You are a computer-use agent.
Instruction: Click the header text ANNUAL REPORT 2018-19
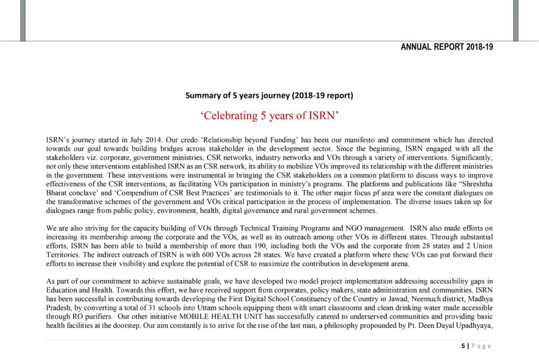pyautogui.click(x=446, y=47)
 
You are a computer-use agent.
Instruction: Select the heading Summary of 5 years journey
pyautogui.click(x=269, y=95)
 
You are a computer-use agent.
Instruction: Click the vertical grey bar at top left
pyautogui.click(x=23, y=21)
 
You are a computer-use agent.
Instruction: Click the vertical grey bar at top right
pyautogui.click(x=515, y=21)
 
